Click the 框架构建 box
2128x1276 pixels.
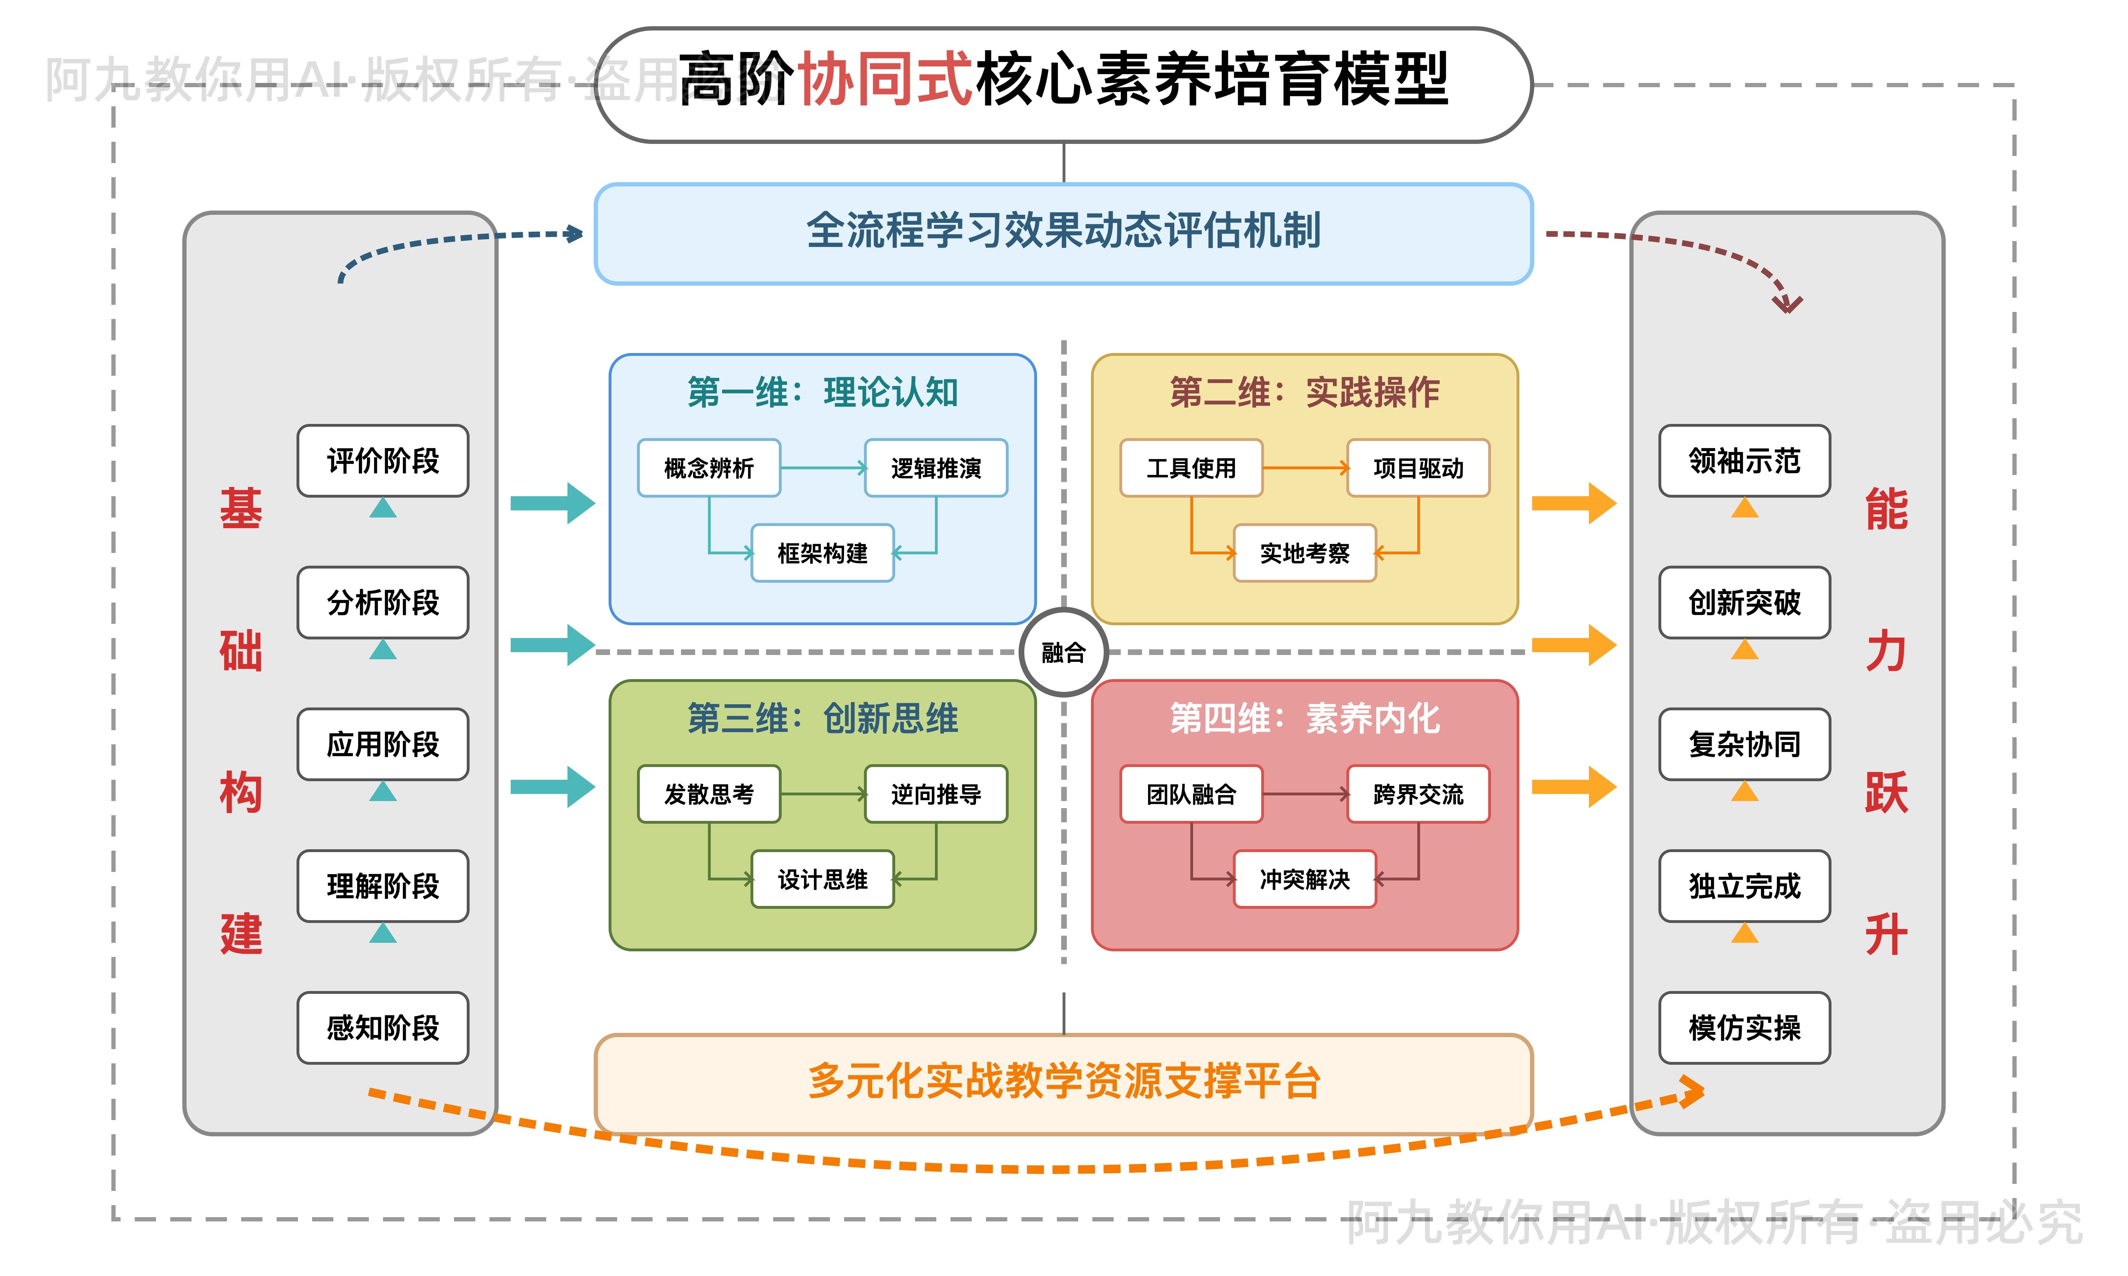[822, 553]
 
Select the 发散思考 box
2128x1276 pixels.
[709, 794]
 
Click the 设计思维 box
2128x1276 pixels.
[822, 879]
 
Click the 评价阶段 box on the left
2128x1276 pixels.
[383, 461]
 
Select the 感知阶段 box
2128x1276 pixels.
[383, 1028]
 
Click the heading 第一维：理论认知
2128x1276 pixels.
[822, 392]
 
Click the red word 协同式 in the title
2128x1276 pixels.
[886, 79]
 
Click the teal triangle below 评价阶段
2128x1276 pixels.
[383, 509]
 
